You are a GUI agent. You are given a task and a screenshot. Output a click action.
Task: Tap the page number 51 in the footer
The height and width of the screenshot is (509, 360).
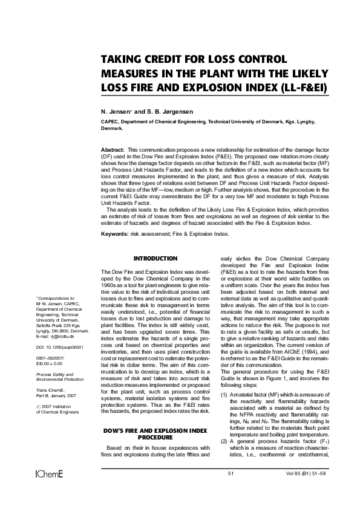pyautogui.click(x=231, y=489)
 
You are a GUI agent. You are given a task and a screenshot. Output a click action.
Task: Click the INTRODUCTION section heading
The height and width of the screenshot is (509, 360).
pyautogui.click(x=155, y=258)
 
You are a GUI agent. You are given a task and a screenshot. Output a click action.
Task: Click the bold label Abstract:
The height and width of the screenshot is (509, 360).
pyautogui.click(x=113, y=149)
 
